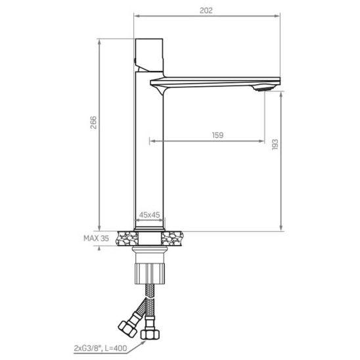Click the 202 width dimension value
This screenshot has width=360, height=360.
tap(206, 11)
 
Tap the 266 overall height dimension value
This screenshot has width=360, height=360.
tap(94, 123)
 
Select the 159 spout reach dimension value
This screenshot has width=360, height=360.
tap(217, 135)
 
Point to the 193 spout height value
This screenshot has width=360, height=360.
tap(275, 145)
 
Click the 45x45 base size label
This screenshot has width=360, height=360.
tap(150, 215)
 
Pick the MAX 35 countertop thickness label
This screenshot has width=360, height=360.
tap(96, 238)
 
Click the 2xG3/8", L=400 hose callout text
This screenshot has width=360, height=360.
tap(101, 348)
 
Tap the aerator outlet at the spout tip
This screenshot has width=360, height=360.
tap(263, 88)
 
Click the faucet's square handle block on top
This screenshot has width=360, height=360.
tap(149, 55)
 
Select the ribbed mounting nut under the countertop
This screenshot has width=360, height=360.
tap(150, 273)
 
